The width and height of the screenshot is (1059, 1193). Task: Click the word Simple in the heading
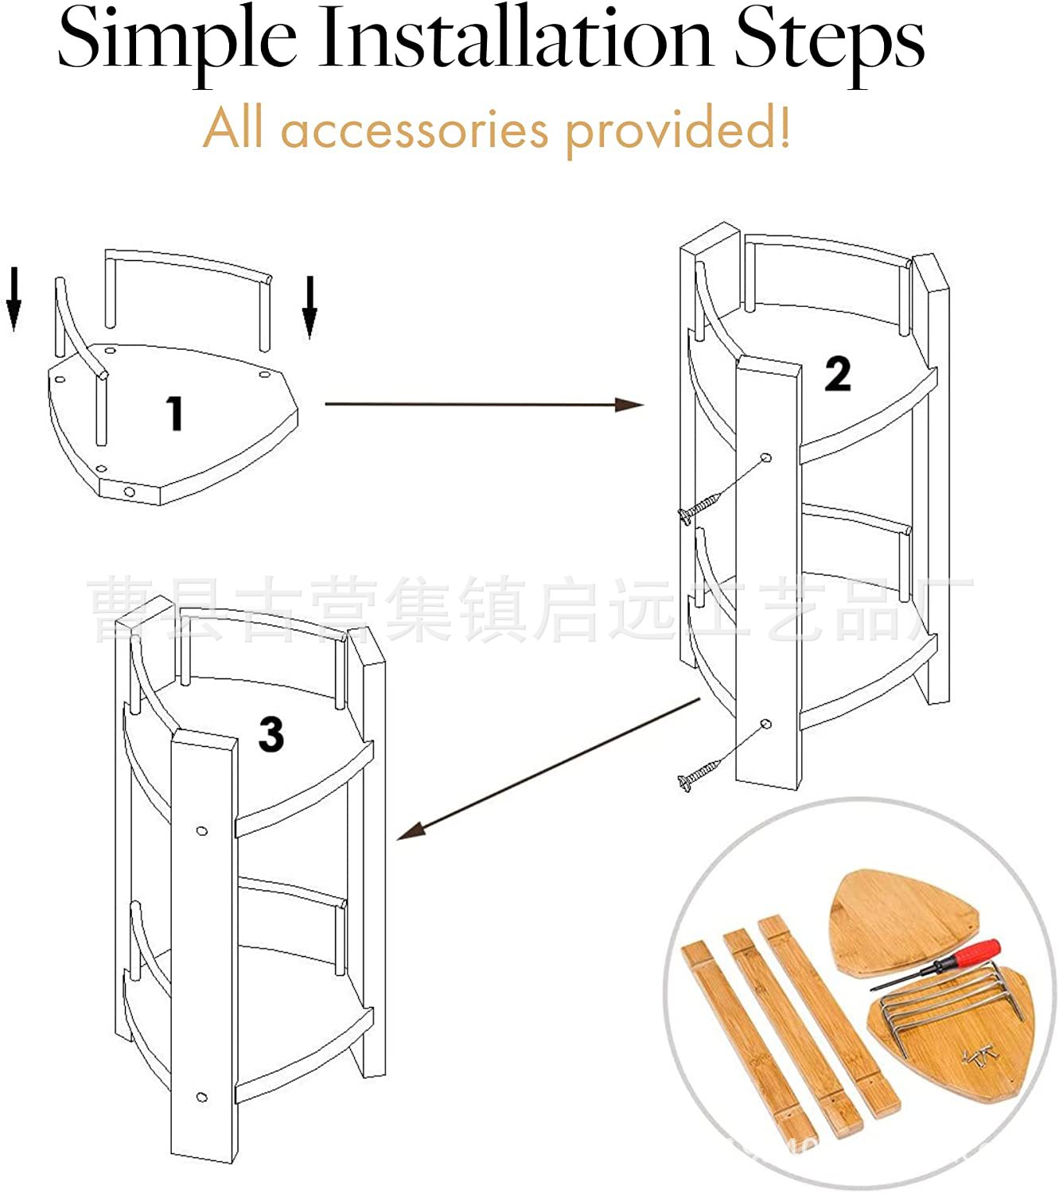[x=177, y=40]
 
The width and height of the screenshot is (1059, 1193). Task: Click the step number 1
[x=174, y=414]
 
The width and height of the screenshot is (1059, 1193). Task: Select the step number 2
[x=837, y=374]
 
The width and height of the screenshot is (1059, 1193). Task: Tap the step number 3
[x=271, y=734]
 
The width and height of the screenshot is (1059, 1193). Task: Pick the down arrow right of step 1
[x=310, y=307]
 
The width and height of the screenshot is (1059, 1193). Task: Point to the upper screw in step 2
[x=700, y=506]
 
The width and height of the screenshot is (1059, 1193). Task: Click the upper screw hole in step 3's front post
[x=202, y=832]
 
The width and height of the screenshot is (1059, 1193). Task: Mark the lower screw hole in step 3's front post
[x=202, y=1098]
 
